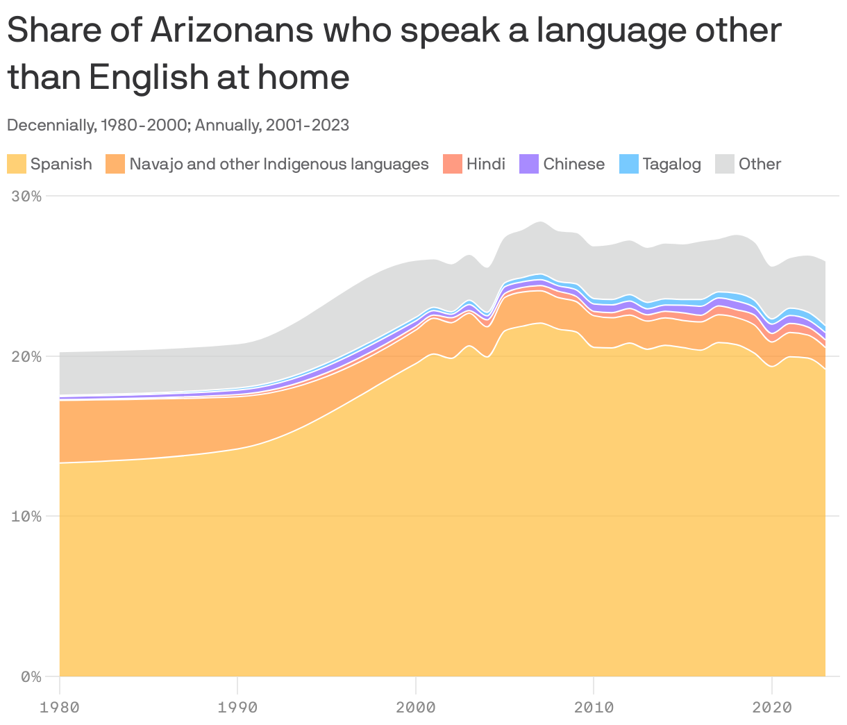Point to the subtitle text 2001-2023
[x=306, y=125]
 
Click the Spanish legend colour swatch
[x=17, y=165]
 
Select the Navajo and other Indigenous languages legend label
[x=278, y=165]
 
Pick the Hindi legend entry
[x=485, y=165]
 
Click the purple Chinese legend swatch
[x=529, y=165]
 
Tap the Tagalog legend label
[x=671, y=165]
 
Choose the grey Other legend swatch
[x=725, y=165]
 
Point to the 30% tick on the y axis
[x=26, y=197]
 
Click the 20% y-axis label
[x=26, y=356]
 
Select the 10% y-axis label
[x=26, y=516]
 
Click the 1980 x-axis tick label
[x=60, y=708]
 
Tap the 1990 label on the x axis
[x=237, y=708]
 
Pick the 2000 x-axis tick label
[x=416, y=708]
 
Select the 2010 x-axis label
[x=594, y=708]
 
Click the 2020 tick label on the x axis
[x=772, y=708]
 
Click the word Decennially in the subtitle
[x=50, y=125]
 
